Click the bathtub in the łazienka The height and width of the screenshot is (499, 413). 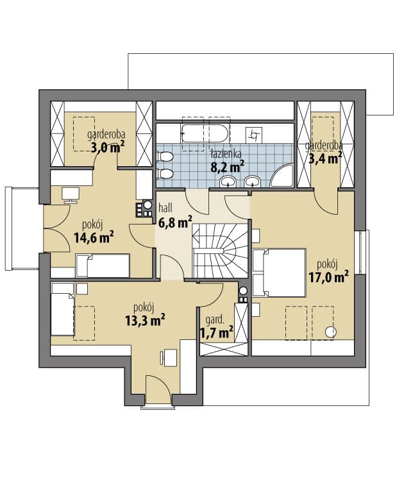[x=205, y=133]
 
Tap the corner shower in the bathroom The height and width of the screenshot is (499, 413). [x=282, y=175]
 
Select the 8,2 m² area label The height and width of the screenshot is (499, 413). [x=228, y=166]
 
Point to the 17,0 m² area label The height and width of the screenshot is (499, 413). [x=329, y=276]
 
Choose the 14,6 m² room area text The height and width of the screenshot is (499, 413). [x=94, y=237]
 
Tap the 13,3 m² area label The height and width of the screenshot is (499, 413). [x=145, y=320]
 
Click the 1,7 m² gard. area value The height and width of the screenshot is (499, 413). [x=216, y=332]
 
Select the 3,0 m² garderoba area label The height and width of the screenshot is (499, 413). [x=107, y=147]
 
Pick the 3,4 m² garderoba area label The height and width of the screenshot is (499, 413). [x=325, y=158]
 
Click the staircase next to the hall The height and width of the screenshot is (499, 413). [x=220, y=251]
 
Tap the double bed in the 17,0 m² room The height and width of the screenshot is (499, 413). [x=279, y=273]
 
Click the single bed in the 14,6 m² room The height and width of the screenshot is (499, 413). [x=103, y=266]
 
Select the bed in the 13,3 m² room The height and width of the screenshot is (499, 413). [x=63, y=309]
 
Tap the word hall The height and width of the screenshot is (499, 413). [x=165, y=208]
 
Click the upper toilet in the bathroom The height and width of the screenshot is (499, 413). [x=165, y=156]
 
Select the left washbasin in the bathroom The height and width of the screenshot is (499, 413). [x=228, y=182]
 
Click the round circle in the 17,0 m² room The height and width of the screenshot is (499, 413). [x=330, y=332]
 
